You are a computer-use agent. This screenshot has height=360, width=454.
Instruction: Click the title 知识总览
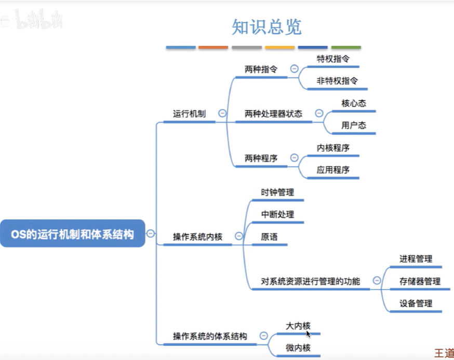point(266,27)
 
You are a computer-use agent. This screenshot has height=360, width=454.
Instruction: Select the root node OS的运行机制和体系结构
point(72,233)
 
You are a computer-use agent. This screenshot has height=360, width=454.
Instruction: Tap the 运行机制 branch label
point(190,114)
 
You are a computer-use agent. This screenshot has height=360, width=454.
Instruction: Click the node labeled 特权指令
point(333,59)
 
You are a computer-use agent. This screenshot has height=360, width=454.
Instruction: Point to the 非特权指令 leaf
point(337,81)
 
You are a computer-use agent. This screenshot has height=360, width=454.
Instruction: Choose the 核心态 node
point(354,103)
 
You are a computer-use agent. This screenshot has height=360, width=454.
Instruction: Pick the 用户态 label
point(354,125)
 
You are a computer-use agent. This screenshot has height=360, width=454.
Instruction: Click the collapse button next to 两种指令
point(294,69)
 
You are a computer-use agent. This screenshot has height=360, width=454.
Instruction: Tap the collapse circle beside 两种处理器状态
point(319,113)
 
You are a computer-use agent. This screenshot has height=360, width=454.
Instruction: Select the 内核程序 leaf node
point(333,148)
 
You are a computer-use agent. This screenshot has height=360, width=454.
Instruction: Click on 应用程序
point(333,170)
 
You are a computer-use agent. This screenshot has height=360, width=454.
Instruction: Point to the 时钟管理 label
point(277,192)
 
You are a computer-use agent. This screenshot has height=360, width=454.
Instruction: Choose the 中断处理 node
point(277,215)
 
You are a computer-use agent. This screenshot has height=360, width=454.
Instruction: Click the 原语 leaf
point(269,236)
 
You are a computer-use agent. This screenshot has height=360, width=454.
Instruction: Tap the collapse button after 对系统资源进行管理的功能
point(377,280)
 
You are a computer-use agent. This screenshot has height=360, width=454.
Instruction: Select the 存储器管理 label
point(420,281)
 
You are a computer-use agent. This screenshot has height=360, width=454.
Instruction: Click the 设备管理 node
point(416,303)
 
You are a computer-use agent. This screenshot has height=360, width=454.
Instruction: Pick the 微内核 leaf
point(298,348)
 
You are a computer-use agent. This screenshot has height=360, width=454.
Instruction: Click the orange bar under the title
point(213,47)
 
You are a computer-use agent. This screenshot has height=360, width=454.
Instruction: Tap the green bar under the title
point(346,47)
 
